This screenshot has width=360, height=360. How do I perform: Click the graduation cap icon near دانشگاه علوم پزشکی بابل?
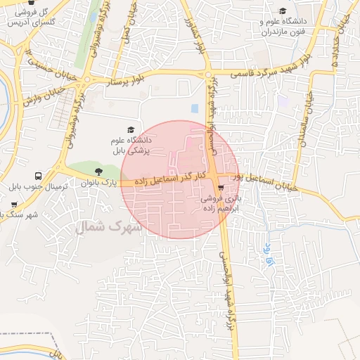tap(130, 130)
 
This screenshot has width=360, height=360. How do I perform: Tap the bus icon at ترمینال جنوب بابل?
tap(37, 176)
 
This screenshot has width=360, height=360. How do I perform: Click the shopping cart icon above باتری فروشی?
tap(221, 188)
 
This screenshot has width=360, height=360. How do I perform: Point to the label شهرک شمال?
tap(109, 227)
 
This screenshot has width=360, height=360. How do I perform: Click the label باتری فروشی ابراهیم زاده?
tap(221, 203)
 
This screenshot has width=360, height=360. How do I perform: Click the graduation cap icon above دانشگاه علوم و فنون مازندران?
tap(283, 11)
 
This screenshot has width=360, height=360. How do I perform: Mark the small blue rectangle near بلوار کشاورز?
tap(194, 108)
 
